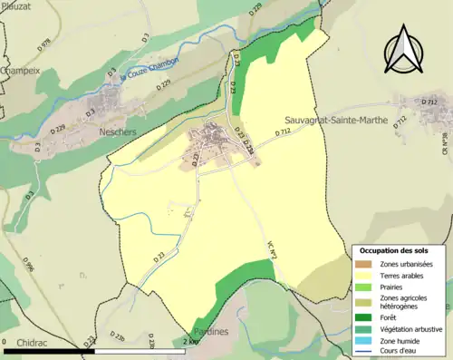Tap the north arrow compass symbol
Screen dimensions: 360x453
pos(408,48)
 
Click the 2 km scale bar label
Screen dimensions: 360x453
pos(190,342)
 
